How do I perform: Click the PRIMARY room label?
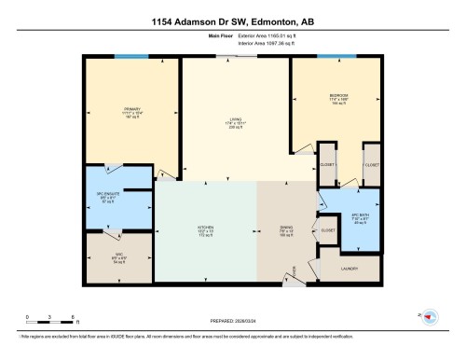(130, 109)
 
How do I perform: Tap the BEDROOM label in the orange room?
(339, 96)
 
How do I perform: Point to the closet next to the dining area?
(327, 229)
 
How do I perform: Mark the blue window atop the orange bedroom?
(329, 57)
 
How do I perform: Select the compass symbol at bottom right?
(430, 318)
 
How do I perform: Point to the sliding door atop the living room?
(236, 57)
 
